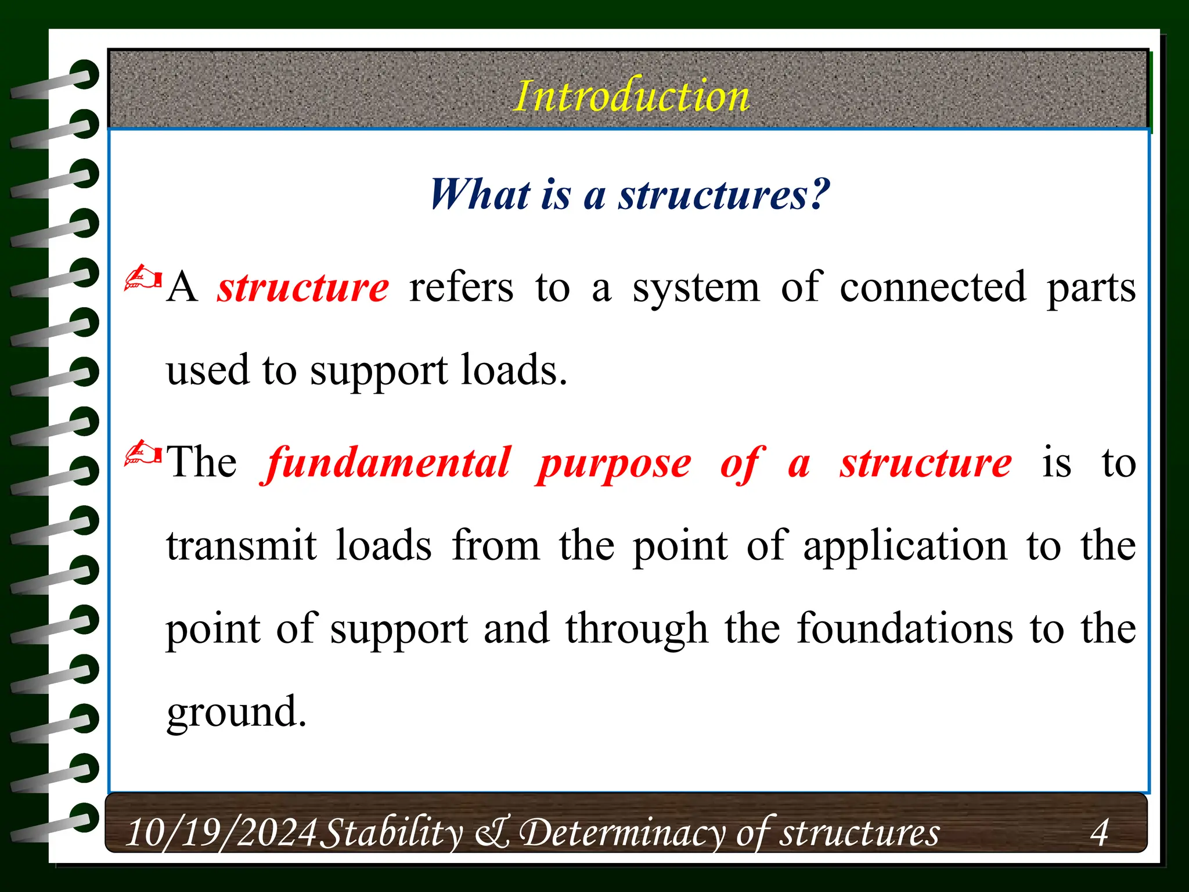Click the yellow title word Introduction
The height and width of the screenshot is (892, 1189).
click(632, 96)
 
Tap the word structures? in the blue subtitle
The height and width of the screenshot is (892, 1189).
click(724, 195)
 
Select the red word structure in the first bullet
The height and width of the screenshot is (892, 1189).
click(303, 287)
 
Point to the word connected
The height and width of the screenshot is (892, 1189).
click(933, 287)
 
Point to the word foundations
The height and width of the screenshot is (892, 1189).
click(905, 629)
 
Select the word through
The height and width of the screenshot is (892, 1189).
click(637, 630)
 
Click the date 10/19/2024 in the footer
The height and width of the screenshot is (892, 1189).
click(221, 833)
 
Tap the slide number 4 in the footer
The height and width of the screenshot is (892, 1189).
click(1099, 833)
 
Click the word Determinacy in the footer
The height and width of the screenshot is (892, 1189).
click(622, 833)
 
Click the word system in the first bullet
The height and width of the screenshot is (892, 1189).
click(696, 289)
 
